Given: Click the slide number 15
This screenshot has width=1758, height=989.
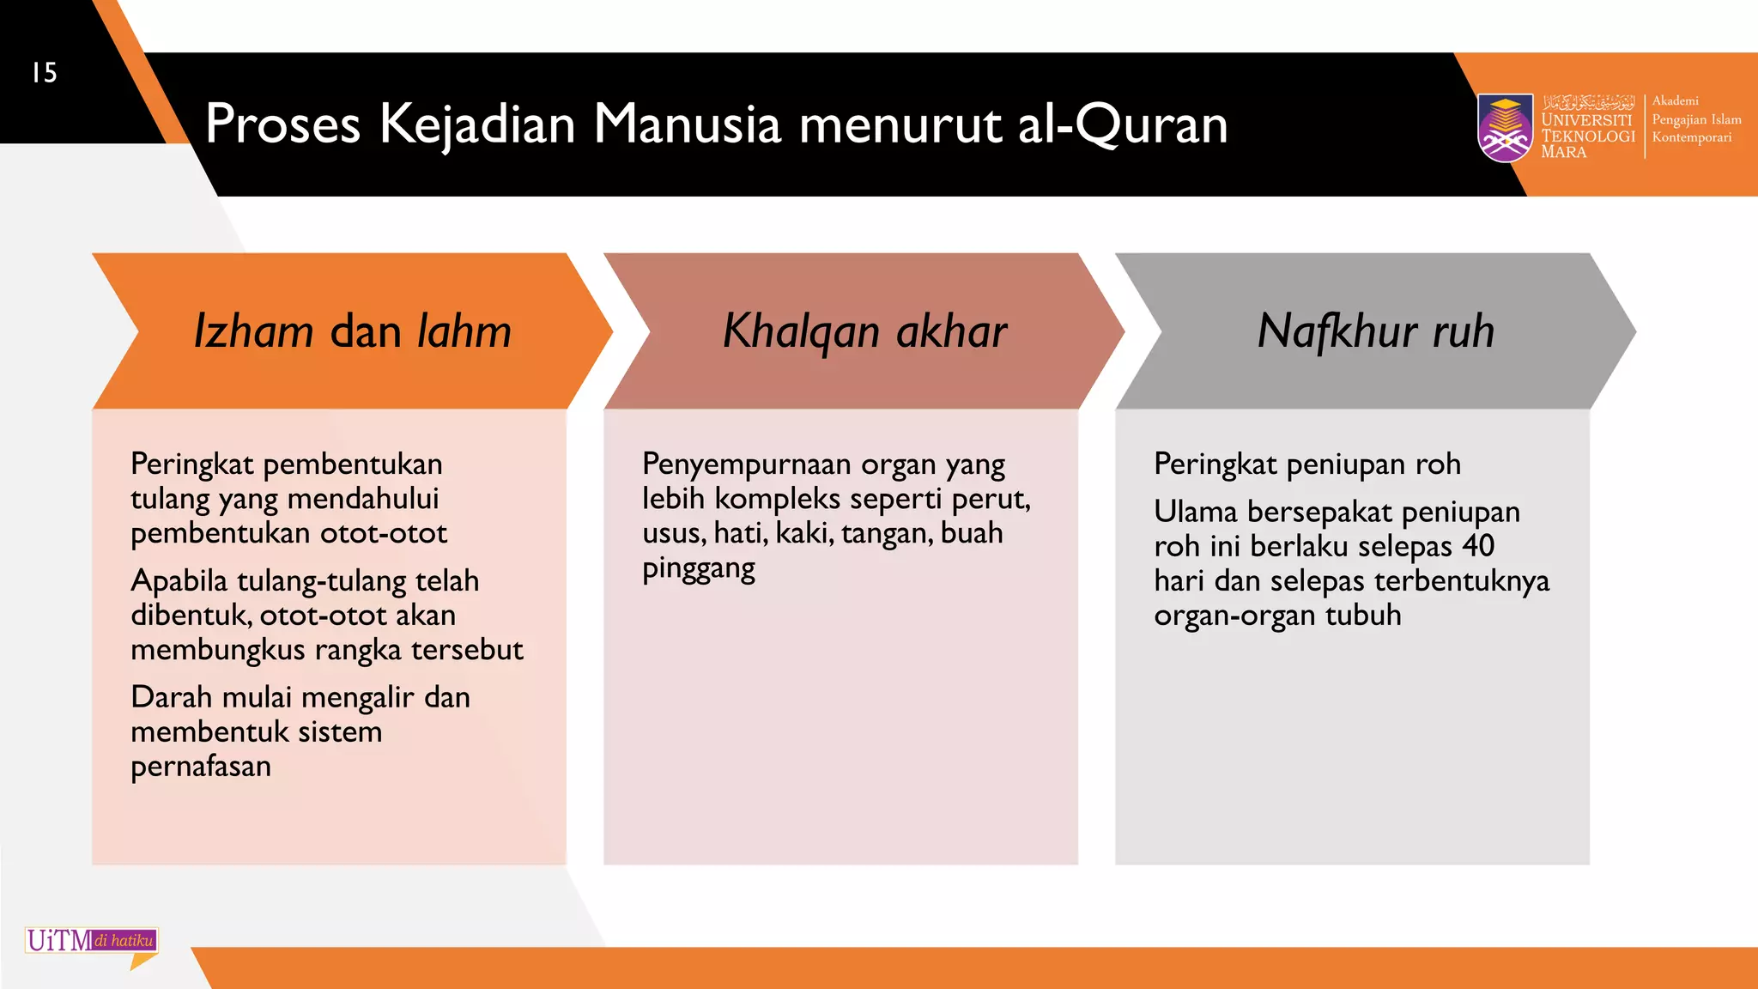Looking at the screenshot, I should click(45, 73).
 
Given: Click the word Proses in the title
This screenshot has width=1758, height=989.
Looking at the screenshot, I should click(282, 124).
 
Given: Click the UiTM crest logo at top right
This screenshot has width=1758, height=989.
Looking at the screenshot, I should click(1505, 128).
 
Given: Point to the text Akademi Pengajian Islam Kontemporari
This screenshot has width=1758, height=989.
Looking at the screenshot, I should click(1695, 119).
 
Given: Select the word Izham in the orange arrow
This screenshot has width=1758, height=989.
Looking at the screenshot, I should click(253, 331).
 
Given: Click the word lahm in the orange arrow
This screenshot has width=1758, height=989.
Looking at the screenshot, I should click(464, 331).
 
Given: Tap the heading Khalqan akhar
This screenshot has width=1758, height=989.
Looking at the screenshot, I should click(864, 331).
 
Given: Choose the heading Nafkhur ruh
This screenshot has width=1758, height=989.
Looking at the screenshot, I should click(1375, 331).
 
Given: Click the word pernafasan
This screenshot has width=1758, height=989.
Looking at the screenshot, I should click(201, 767).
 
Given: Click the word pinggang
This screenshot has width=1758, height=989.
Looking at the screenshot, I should click(699, 569).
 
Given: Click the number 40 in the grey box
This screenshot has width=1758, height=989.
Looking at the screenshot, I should click(1478, 546).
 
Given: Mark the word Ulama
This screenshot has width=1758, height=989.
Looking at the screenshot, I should click(1195, 513).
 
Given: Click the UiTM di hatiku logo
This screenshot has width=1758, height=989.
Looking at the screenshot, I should click(91, 942).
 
